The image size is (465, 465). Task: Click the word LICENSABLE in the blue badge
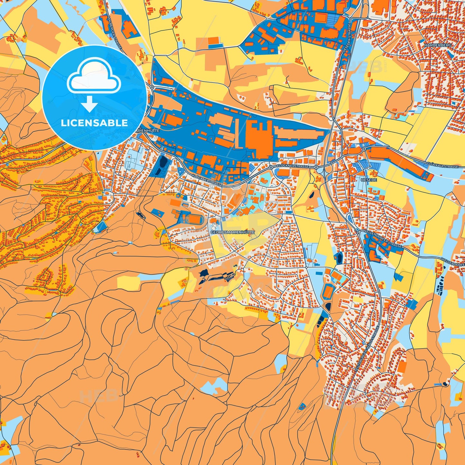pos(94,123)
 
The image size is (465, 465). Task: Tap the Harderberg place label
pos(438,45)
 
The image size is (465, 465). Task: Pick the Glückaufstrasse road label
pos(442,165)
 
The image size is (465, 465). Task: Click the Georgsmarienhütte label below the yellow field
pos(232,232)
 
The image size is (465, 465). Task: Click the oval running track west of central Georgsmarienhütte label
pos(193,219)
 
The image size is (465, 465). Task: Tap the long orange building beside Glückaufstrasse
pos(399,161)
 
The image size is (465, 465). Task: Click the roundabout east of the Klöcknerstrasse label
pos(316,167)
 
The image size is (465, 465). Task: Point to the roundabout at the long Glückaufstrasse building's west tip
pos(364,149)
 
